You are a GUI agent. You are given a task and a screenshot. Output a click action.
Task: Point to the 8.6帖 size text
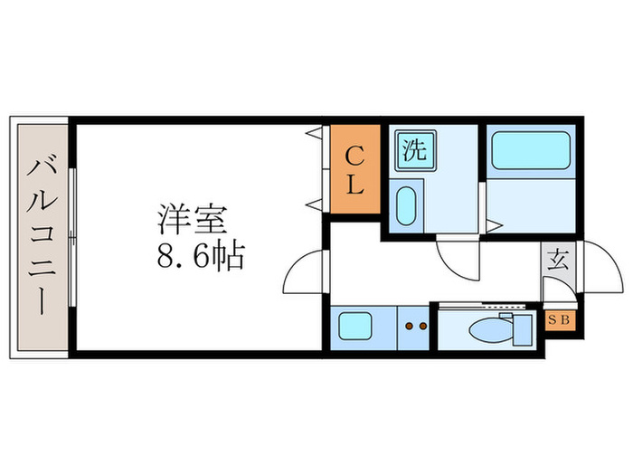click(x=201, y=258)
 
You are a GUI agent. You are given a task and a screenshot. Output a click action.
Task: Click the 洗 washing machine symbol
click(x=413, y=149)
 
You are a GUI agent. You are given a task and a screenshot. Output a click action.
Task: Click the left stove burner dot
click(x=409, y=325)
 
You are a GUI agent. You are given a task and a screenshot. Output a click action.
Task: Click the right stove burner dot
click(x=422, y=325)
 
